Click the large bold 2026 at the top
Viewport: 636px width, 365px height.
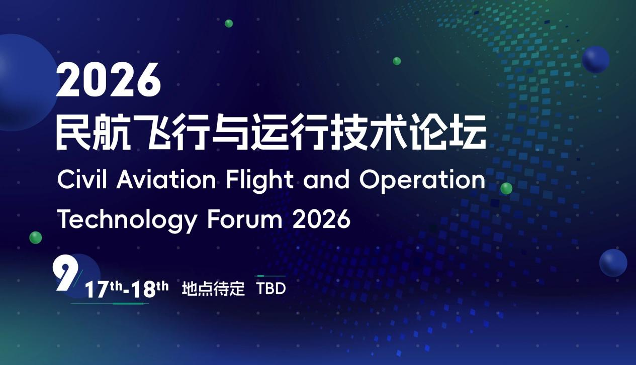pyautogui.click(x=109, y=81)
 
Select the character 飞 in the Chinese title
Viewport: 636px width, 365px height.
pyautogui.click(x=146, y=132)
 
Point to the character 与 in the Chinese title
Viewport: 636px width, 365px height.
pyautogui.click(x=227, y=132)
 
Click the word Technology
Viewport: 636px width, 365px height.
pyautogui.click(x=127, y=220)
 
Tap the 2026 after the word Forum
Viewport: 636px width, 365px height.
pyautogui.click(x=321, y=219)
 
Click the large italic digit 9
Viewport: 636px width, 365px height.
pyautogui.click(x=66, y=276)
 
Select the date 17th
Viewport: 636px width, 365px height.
pyautogui.click(x=104, y=290)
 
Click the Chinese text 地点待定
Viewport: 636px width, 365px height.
pyautogui.click(x=213, y=289)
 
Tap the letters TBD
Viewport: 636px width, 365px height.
pyautogui.click(x=271, y=289)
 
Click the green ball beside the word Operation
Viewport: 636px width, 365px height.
pyautogui.click(x=506, y=188)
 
